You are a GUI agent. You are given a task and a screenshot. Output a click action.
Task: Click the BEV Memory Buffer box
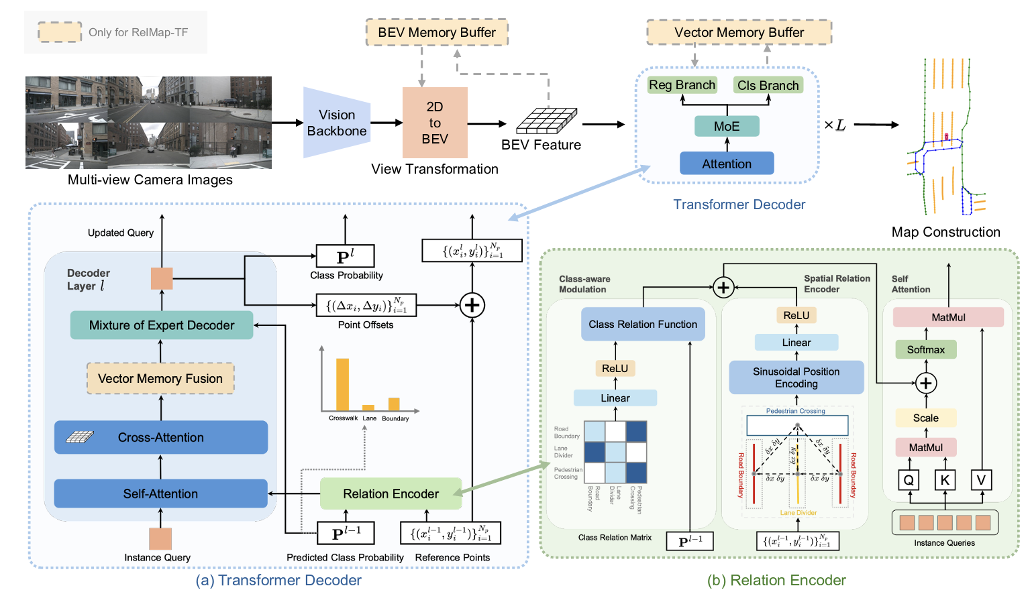437,32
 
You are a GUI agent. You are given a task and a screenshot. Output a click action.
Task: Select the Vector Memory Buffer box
739,32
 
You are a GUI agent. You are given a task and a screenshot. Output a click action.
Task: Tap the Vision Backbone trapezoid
336,123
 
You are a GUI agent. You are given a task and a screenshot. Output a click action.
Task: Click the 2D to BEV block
435,123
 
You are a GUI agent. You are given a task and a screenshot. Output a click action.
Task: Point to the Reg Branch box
682,85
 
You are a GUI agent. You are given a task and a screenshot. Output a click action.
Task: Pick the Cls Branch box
768,85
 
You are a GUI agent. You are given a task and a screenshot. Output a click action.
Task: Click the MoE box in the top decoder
727,126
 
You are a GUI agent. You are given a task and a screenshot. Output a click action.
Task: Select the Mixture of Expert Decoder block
162,325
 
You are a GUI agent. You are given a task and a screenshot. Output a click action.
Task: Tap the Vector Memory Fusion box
160,378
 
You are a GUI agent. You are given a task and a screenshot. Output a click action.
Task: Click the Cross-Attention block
161,437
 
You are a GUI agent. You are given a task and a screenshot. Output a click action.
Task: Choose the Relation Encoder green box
391,493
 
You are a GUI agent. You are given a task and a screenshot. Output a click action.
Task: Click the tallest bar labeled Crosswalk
342,384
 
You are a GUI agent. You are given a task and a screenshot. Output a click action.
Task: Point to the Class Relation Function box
643,324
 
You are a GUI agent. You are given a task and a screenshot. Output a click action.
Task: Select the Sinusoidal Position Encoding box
796,377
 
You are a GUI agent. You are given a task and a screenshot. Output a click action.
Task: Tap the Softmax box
926,349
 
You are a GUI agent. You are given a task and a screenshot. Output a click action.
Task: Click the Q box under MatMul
909,480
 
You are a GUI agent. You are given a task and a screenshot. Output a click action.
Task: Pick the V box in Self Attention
981,480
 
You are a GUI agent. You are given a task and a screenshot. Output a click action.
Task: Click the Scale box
926,418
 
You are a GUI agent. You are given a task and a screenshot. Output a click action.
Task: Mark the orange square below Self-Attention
160,538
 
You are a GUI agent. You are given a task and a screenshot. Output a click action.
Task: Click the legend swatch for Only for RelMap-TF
60,32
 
